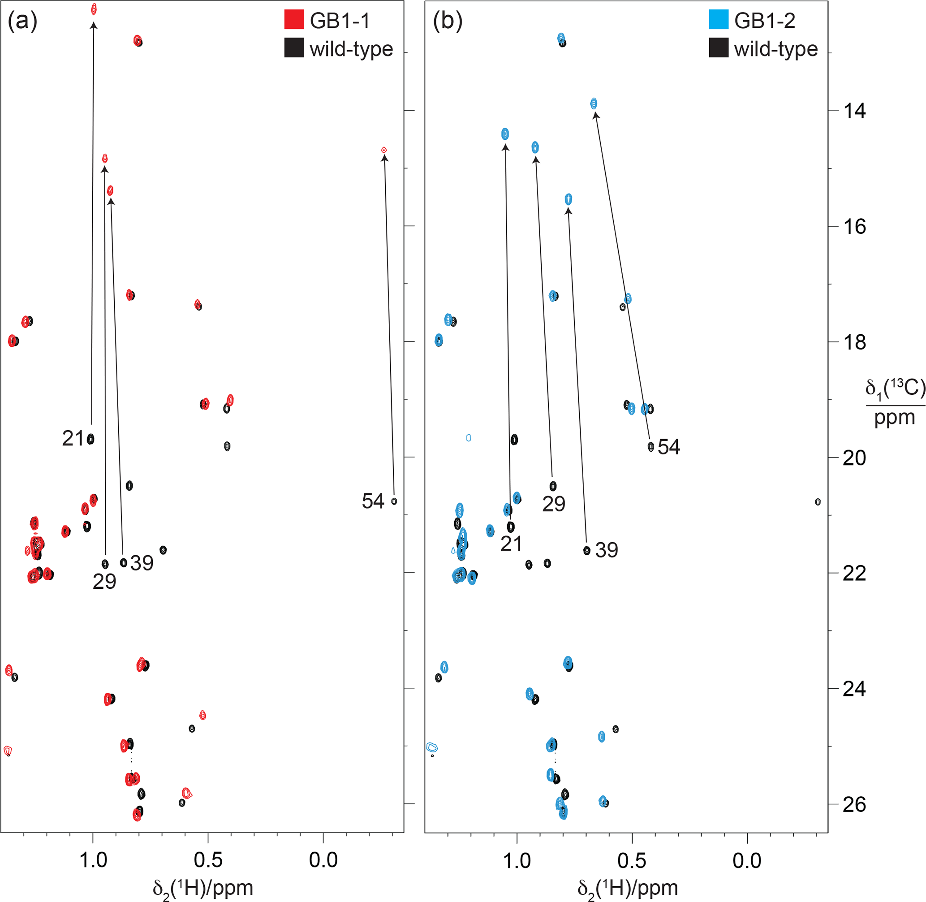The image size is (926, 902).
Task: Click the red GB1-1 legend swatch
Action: point(294,19)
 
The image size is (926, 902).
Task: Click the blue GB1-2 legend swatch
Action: point(718,19)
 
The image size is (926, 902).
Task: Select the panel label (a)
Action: point(22,21)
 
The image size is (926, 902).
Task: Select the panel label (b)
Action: point(447,21)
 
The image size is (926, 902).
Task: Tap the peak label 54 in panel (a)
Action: point(373,501)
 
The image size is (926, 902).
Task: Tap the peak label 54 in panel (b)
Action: point(669,447)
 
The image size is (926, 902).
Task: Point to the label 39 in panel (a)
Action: point(142,563)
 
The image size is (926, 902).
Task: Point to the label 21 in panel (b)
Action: point(511,544)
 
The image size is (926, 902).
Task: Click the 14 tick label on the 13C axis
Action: point(854,111)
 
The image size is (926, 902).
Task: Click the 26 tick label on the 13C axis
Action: point(854,804)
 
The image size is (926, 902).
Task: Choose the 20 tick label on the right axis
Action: point(854,457)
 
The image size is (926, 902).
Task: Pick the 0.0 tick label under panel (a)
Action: point(323,860)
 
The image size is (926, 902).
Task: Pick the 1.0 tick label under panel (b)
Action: point(517,860)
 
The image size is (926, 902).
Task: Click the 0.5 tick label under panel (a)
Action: point(208,860)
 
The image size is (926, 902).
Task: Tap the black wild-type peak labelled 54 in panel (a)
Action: point(394,501)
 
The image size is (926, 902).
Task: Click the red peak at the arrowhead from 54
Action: point(384,150)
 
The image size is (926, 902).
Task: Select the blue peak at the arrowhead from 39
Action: point(569,199)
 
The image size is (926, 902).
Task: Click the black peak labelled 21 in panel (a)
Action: point(90,439)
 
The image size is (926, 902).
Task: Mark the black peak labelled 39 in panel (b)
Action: point(587,550)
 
